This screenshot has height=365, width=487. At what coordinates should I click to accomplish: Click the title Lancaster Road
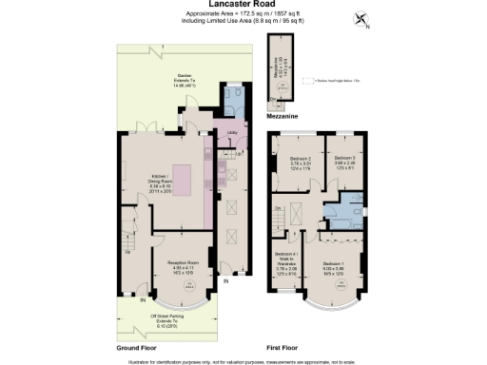click(243, 5)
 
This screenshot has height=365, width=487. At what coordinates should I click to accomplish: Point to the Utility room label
click(230, 133)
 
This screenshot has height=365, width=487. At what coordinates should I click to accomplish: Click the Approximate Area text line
click(243, 14)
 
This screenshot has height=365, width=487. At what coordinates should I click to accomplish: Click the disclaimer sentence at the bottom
click(243, 360)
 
